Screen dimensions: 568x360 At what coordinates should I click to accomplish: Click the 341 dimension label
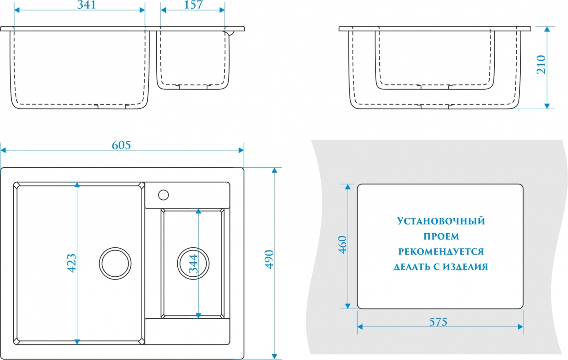coord(86,5)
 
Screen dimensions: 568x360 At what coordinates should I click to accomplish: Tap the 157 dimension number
coord(193,5)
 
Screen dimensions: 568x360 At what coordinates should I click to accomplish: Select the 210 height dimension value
coord(541,65)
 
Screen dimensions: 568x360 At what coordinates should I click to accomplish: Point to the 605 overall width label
coord(121,145)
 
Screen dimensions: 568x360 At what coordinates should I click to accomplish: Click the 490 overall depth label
coord(269,260)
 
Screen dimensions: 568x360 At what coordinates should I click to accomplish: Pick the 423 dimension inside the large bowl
coord(72,263)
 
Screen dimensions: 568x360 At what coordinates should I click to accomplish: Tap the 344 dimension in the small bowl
coord(194,264)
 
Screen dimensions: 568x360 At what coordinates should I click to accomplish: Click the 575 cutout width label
coord(438,322)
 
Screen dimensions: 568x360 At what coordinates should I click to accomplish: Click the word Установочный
coord(441,221)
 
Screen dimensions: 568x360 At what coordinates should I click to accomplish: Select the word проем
coord(441,236)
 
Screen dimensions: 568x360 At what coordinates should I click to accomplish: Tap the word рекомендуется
coord(441,252)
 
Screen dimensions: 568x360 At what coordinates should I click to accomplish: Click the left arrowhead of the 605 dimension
coord(3,150)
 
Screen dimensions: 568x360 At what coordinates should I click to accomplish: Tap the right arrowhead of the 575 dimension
coord(520,327)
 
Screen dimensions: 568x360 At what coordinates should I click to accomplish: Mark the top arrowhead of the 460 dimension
coord(348,187)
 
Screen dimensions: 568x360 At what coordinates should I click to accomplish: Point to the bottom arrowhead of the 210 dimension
coord(547,106)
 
